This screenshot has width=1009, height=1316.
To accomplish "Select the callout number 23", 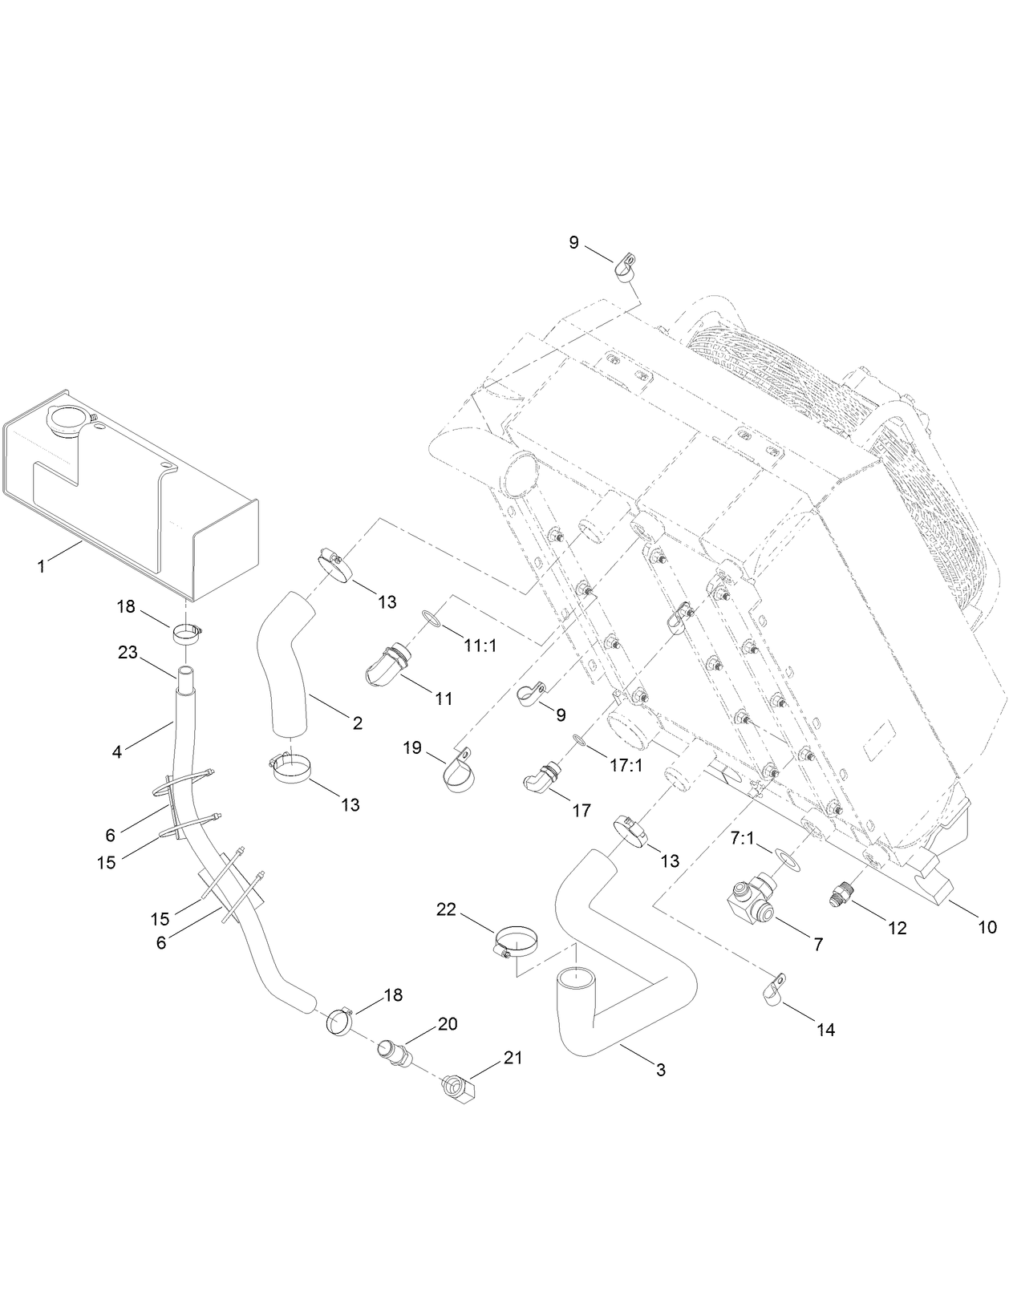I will tap(128, 653).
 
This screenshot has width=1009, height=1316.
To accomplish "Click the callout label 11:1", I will tap(479, 644).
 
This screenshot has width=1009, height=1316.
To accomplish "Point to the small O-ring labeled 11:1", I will tap(431, 618).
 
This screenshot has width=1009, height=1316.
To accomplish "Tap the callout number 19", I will tap(412, 747).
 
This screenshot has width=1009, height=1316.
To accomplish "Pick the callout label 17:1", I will tap(626, 765).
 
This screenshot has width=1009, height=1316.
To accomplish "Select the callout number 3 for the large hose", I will tap(661, 1069).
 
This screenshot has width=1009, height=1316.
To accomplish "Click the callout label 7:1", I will tap(743, 838).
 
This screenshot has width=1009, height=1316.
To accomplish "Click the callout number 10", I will tap(987, 927).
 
